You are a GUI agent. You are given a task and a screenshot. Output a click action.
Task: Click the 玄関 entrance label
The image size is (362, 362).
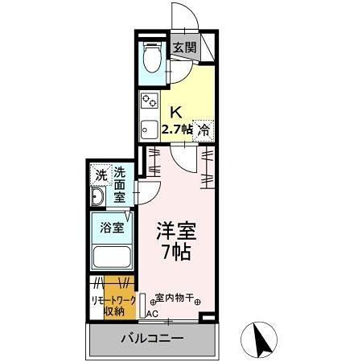tap(184, 47)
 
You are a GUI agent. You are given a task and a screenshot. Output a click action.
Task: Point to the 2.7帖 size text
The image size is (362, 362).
tap(177, 130)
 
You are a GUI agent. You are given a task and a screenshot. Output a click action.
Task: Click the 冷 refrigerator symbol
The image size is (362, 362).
tap(204, 129)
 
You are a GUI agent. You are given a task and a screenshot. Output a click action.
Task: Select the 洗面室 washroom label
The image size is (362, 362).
tap(119, 184)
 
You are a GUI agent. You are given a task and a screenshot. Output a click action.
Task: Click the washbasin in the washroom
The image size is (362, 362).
tap(99, 200)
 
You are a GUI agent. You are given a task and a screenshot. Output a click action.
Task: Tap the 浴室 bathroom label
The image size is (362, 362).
tap(111, 228)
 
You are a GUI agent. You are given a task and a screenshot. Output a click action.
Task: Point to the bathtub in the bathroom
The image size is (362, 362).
tap(111, 258)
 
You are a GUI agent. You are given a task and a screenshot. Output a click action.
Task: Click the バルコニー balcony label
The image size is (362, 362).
tap(153, 338)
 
